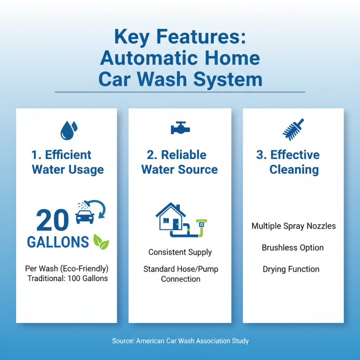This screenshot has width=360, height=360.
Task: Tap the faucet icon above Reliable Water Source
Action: tap(180, 128)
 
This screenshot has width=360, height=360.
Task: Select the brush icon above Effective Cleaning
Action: tap(293, 129)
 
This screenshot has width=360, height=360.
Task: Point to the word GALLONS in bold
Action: tap(58, 242)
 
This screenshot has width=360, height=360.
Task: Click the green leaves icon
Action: tap(101, 242)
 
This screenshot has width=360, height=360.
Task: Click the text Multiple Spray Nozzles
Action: tap(293, 226)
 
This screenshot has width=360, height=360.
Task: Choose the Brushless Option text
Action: tap(292, 247)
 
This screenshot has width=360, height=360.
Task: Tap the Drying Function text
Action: tap(291, 269)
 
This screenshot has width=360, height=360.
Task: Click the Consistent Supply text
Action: tap(180, 252)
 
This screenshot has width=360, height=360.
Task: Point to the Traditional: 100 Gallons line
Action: tap(67, 279)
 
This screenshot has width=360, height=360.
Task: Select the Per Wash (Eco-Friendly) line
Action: tap(67, 269)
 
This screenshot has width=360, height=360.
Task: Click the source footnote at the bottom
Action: tap(180, 341)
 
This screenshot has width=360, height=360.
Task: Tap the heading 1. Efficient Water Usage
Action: tap(67, 162)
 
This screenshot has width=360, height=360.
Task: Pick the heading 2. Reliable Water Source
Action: tap(180, 162)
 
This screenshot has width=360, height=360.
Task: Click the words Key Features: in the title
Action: tap(180, 36)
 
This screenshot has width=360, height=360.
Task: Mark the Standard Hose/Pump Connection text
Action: tap(180, 274)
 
